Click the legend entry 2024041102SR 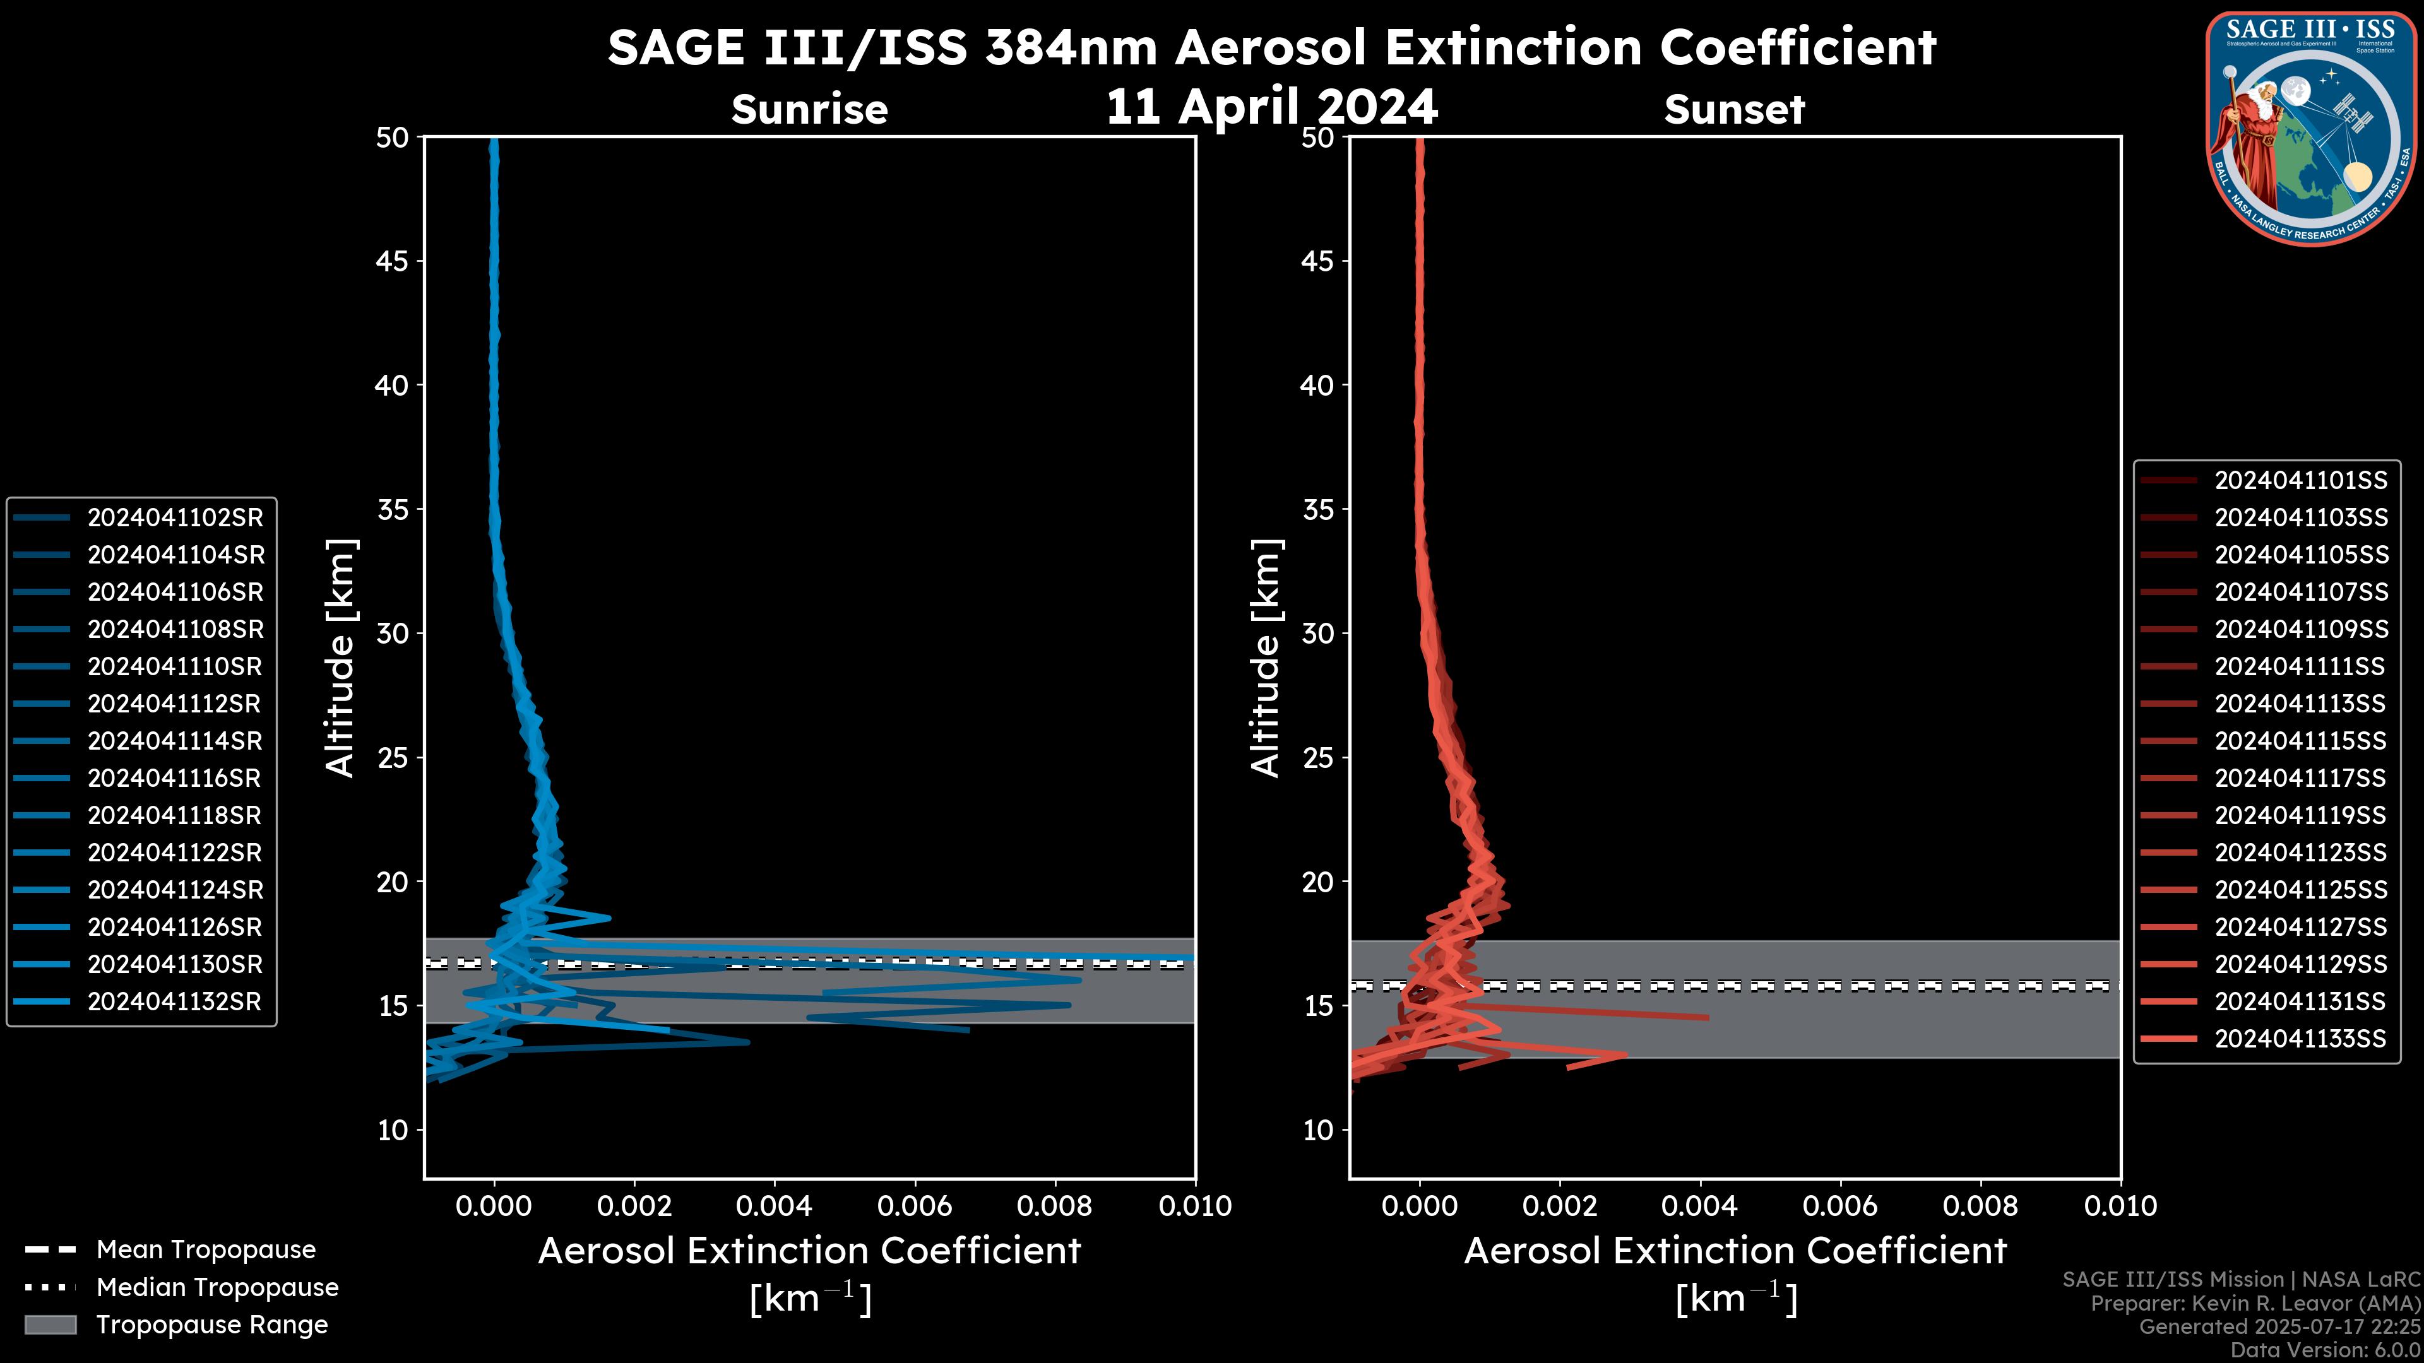tap(175, 517)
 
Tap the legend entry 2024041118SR tap(175, 815)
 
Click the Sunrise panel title tap(809, 110)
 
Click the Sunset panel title tap(1734, 110)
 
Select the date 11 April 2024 tap(1271, 106)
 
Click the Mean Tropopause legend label tap(206, 1249)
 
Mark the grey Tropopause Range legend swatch tap(50, 1325)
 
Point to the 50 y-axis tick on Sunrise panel tap(393, 138)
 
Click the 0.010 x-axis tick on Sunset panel tap(2120, 1206)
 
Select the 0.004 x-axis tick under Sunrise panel tap(773, 1206)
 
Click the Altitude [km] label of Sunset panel tap(1266, 658)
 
